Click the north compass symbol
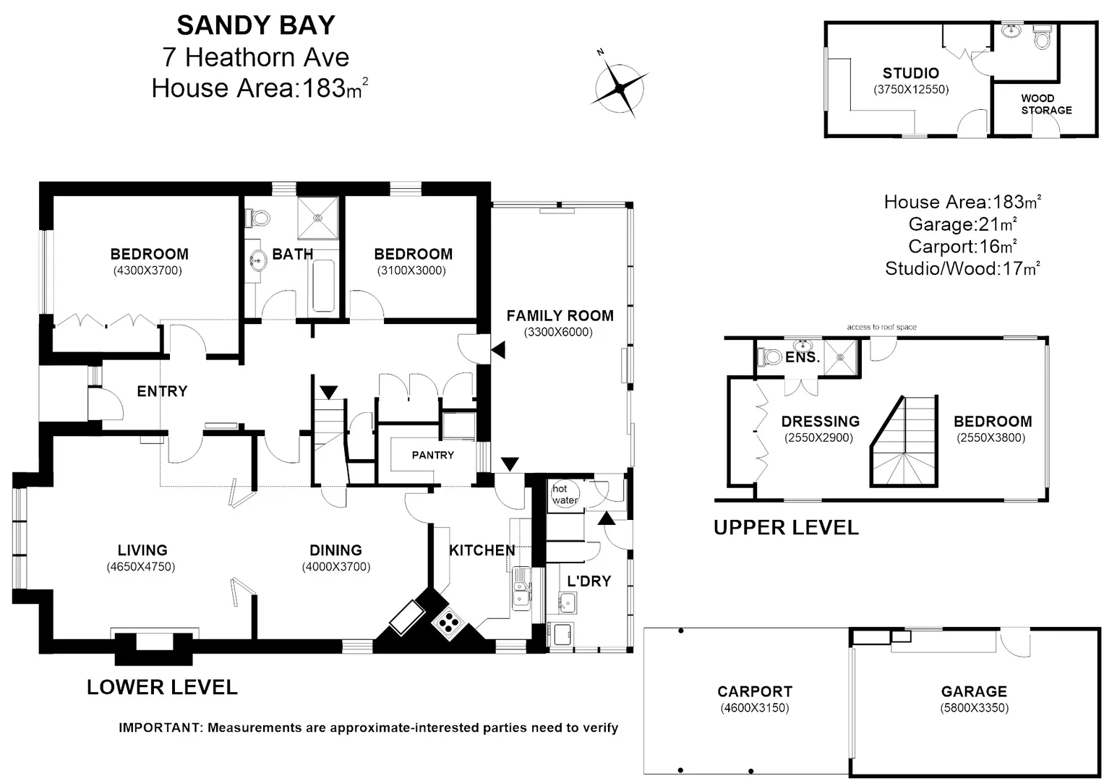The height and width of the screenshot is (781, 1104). click(x=620, y=88)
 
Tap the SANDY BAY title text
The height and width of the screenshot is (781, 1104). click(x=256, y=25)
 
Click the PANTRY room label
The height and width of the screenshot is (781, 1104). click(x=432, y=455)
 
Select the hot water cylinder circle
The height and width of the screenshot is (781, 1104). click(x=565, y=495)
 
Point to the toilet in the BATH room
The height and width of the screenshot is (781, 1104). click(x=258, y=217)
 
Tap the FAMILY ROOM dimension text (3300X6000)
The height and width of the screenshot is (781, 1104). click(x=558, y=332)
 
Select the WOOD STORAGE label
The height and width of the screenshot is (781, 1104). click(x=1045, y=104)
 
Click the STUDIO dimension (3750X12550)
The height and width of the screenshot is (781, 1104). click(x=910, y=90)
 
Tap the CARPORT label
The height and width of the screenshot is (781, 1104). click(x=754, y=691)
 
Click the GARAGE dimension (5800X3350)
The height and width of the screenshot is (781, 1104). click(x=974, y=708)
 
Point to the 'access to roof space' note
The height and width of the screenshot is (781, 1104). click(x=881, y=327)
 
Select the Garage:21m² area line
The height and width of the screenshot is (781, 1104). click(x=962, y=224)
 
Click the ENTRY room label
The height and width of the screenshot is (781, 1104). click(x=162, y=391)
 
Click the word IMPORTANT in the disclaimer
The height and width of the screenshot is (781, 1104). click(x=160, y=727)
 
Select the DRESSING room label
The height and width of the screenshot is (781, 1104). click(x=820, y=421)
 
